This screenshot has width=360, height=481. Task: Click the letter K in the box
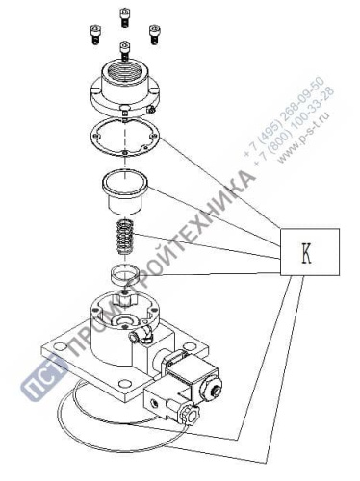tap(307, 254)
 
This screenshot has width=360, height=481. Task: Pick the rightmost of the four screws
tap(154, 31)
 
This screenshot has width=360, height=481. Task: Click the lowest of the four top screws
tap(124, 48)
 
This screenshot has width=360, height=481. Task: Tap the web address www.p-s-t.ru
tap(306, 136)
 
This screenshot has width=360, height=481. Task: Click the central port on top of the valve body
tap(125, 316)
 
